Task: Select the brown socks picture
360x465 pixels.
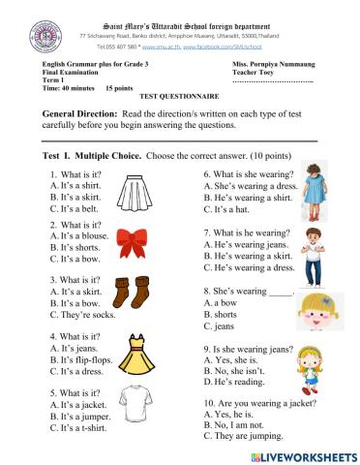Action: [x=130, y=294]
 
